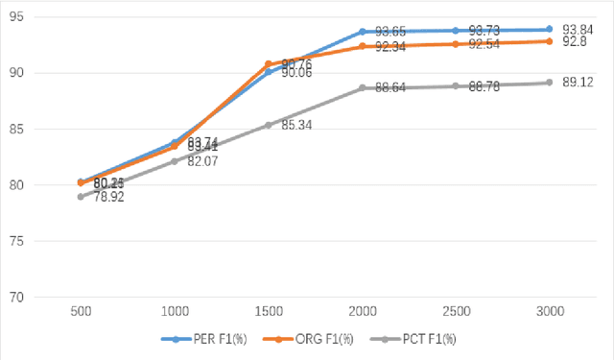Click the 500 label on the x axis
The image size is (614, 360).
click(82, 313)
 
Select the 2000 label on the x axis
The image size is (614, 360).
click(362, 313)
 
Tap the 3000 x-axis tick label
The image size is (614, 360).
click(549, 313)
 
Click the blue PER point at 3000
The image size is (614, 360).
click(549, 29)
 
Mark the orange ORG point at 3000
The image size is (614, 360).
click(549, 40)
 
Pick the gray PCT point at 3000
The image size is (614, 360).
click(549, 83)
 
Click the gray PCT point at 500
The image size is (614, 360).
click(82, 197)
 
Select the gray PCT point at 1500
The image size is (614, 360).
click(269, 125)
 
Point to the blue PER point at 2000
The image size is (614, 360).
click(362, 32)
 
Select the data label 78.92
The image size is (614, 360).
click(107, 197)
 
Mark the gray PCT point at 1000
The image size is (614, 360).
click(175, 161)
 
